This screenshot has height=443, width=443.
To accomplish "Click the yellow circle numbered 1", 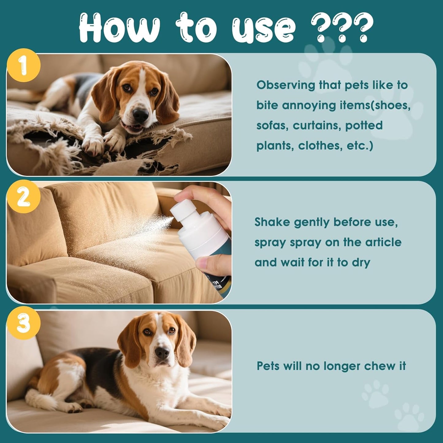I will (x=24, y=65).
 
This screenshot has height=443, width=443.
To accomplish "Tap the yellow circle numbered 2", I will (x=24, y=197).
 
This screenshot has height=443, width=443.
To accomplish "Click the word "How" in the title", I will (x=119, y=28).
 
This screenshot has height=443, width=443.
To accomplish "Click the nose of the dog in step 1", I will (x=141, y=115).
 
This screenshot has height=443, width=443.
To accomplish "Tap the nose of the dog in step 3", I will (x=162, y=353).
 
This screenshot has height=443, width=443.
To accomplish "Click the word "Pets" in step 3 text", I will (x=268, y=366).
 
